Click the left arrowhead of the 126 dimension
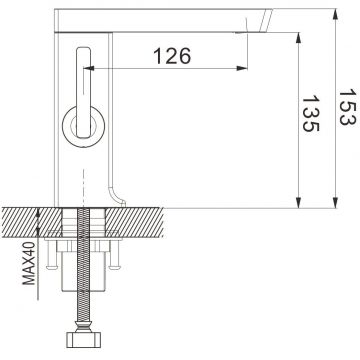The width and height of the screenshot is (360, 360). click(x=87, y=69)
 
